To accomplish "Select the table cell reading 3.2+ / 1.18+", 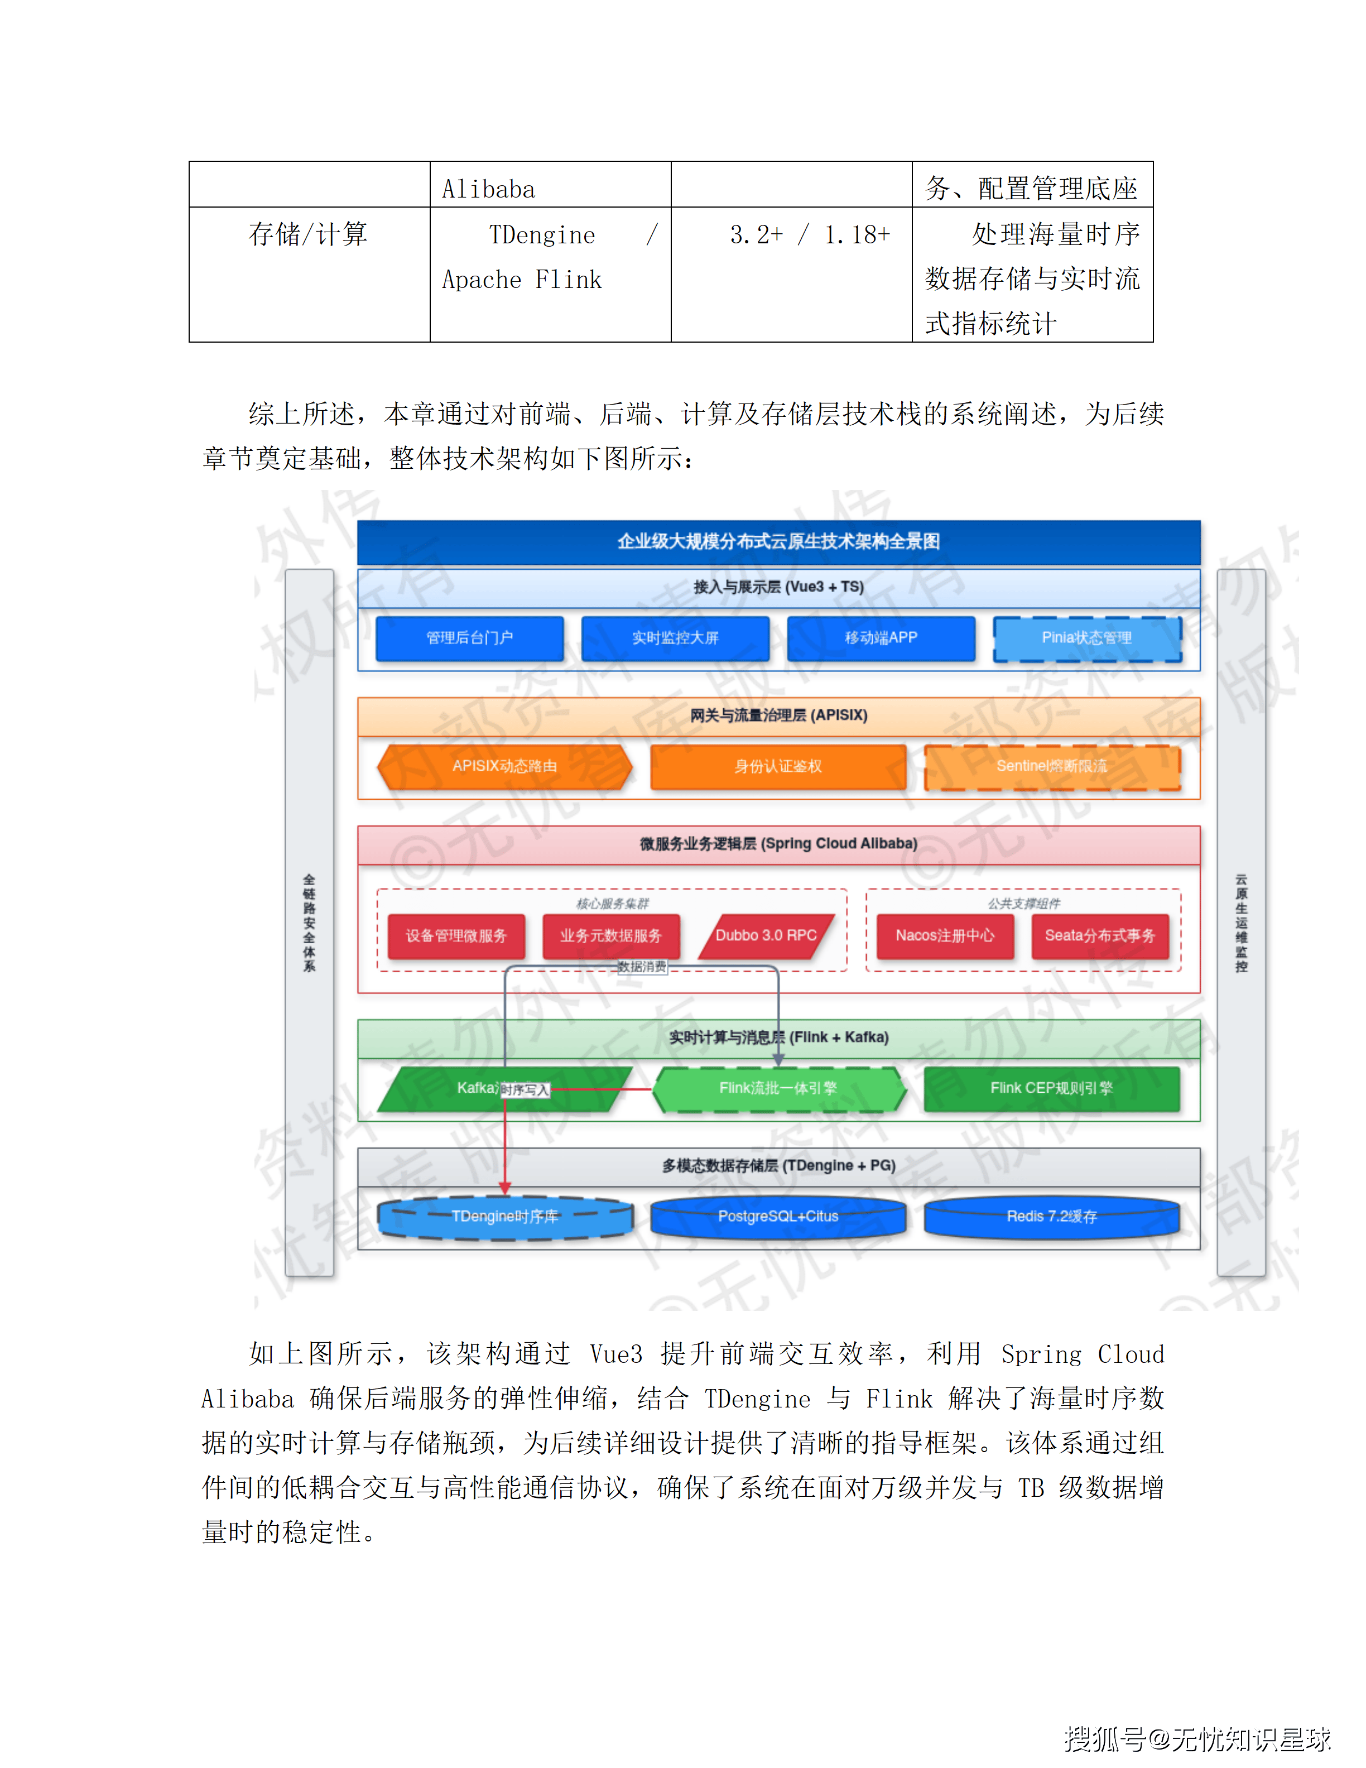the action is click(x=809, y=235).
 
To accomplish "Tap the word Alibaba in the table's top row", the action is click(x=489, y=189).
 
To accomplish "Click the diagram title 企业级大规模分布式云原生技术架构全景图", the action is click(x=778, y=541).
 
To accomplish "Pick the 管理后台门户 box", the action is click(x=469, y=638).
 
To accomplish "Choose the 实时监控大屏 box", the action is click(x=675, y=638).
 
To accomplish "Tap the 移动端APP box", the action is click(x=881, y=638).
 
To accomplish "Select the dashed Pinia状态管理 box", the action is click(x=1087, y=638).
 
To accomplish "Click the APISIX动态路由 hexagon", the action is click(x=504, y=766).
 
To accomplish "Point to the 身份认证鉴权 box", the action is click(x=778, y=766).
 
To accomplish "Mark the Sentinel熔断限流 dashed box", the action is click(x=1051, y=766).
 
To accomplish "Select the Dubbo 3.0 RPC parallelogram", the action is click(x=766, y=936).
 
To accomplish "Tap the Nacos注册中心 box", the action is click(x=944, y=936).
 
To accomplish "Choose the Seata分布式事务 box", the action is click(x=1100, y=936).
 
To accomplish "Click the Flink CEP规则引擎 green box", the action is click(x=1051, y=1088).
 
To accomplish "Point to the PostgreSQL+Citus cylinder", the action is click(x=778, y=1217).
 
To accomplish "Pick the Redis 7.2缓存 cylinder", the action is click(x=1051, y=1217).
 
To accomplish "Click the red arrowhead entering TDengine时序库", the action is click(x=505, y=1188).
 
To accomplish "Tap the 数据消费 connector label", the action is click(x=642, y=967).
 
